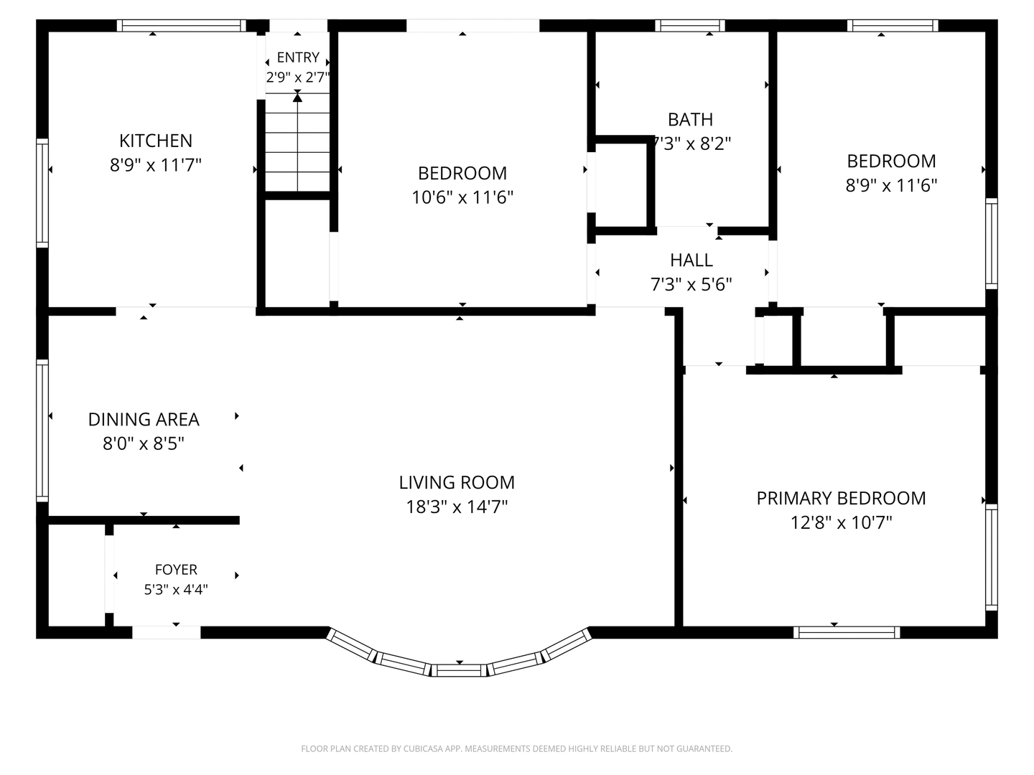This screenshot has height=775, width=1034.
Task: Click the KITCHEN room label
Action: [155, 141]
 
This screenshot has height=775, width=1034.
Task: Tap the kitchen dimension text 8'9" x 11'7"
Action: [155, 165]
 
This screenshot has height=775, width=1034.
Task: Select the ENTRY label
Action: [298, 57]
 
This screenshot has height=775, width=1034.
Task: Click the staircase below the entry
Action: [297, 142]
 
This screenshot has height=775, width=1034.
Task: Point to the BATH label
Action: [690, 120]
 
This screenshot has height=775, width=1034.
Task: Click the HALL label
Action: [691, 260]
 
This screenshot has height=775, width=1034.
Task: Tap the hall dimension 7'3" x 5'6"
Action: [691, 284]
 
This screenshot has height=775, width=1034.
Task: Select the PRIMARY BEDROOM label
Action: [841, 498]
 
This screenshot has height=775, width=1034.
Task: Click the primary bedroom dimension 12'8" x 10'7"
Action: [841, 523]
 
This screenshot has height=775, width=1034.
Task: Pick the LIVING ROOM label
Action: [457, 482]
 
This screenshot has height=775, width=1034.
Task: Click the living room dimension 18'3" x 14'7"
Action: [457, 507]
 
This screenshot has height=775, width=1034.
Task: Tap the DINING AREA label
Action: [144, 419]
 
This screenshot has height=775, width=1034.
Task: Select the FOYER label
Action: [176, 570]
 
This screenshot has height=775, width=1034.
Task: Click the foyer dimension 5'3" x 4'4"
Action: [176, 589]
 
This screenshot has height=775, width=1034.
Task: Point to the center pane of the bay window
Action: [460, 670]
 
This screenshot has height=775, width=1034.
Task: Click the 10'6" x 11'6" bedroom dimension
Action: [462, 197]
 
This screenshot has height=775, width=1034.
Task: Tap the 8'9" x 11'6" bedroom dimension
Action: [891, 185]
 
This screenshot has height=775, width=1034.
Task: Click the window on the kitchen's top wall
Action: [182, 25]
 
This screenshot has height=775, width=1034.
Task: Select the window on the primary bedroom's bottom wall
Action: [847, 632]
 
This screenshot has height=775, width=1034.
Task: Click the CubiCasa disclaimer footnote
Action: [517, 748]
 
